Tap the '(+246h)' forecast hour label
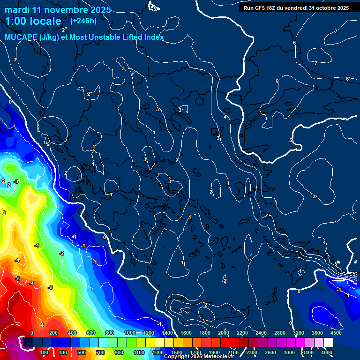pos(83,21)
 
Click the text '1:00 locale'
pos(33,22)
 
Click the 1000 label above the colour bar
pos(130,333)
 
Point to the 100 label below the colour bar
pos(45,352)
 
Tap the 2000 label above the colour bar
pos(224,333)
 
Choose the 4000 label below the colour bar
pos(327,352)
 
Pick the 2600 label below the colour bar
pos(270,352)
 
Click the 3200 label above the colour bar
pos(299,333)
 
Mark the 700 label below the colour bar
pos(101,352)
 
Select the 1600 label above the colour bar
pos(186,333)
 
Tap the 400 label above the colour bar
pos(72,333)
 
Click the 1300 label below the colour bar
pos(158,352)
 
